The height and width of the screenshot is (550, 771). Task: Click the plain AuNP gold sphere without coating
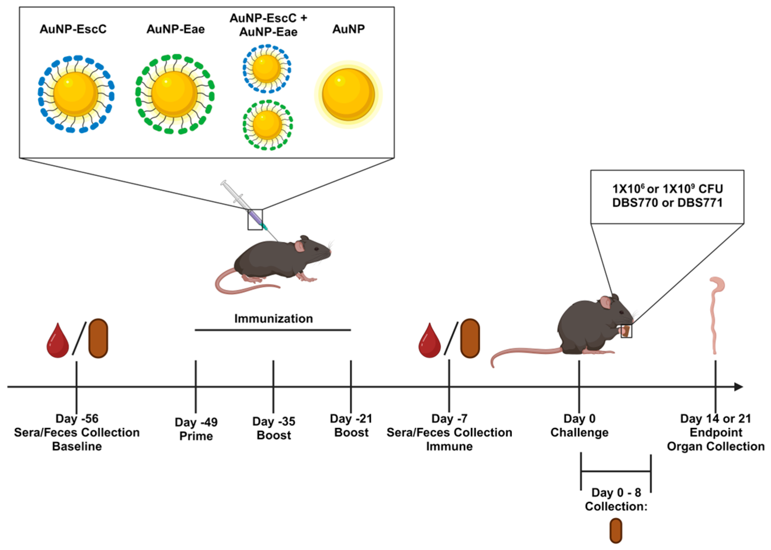coord(348,94)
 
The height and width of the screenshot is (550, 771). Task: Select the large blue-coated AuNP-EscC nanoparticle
coord(76,94)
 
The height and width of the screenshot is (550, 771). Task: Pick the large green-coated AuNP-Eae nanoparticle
coord(175,94)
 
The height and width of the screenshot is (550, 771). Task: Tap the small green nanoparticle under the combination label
coord(268,125)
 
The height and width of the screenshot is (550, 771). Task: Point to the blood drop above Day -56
coord(58,340)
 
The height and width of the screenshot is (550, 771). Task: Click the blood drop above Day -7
coord(429,340)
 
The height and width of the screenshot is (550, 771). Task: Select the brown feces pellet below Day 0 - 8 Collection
coord(616,530)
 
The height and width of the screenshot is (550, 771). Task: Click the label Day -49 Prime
coord(196,429)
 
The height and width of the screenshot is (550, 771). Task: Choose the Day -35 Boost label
coord(274,428)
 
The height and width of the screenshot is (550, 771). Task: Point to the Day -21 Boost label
coord(351,425)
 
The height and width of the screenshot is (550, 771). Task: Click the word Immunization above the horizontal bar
coord(274,318)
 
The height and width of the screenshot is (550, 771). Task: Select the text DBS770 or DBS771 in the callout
coord(667,203)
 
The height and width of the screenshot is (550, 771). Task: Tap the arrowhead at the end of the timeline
coord(738,387)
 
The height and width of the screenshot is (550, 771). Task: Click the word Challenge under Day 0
coord(579,432)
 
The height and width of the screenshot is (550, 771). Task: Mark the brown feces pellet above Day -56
coord(98,338)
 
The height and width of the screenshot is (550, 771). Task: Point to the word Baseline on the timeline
coord(77,446)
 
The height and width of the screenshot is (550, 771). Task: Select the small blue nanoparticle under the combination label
coord(267,69)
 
